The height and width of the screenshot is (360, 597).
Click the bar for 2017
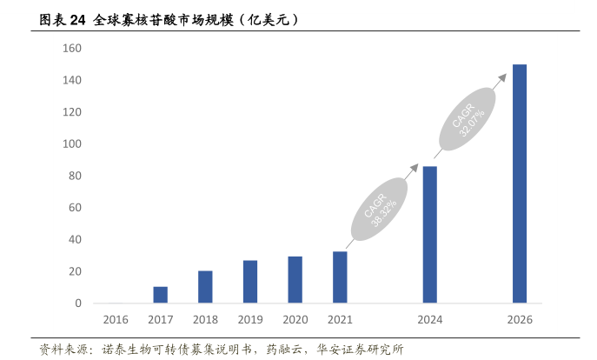[160, 295]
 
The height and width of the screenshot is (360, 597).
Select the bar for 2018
[205, 287]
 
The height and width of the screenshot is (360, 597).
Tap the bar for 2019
[250, 282]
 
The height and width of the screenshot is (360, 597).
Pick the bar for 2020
[295, 280]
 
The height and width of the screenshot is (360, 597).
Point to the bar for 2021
[340, 277]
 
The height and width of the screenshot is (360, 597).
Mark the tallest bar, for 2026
[520, 183]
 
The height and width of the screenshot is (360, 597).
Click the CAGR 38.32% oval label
[380, 209]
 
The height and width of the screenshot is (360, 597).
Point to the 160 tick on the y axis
[72, 49]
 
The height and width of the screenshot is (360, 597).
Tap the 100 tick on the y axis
[72, 144]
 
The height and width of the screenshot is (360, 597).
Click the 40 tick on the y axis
[75, 240]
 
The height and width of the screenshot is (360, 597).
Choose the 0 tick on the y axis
[78, 303]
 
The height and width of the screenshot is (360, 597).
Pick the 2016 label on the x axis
[115, 320]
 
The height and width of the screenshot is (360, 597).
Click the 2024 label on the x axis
[430, 320]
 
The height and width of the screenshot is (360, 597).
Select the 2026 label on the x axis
[520, 320]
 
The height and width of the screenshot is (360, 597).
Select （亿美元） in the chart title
[268, 18]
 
